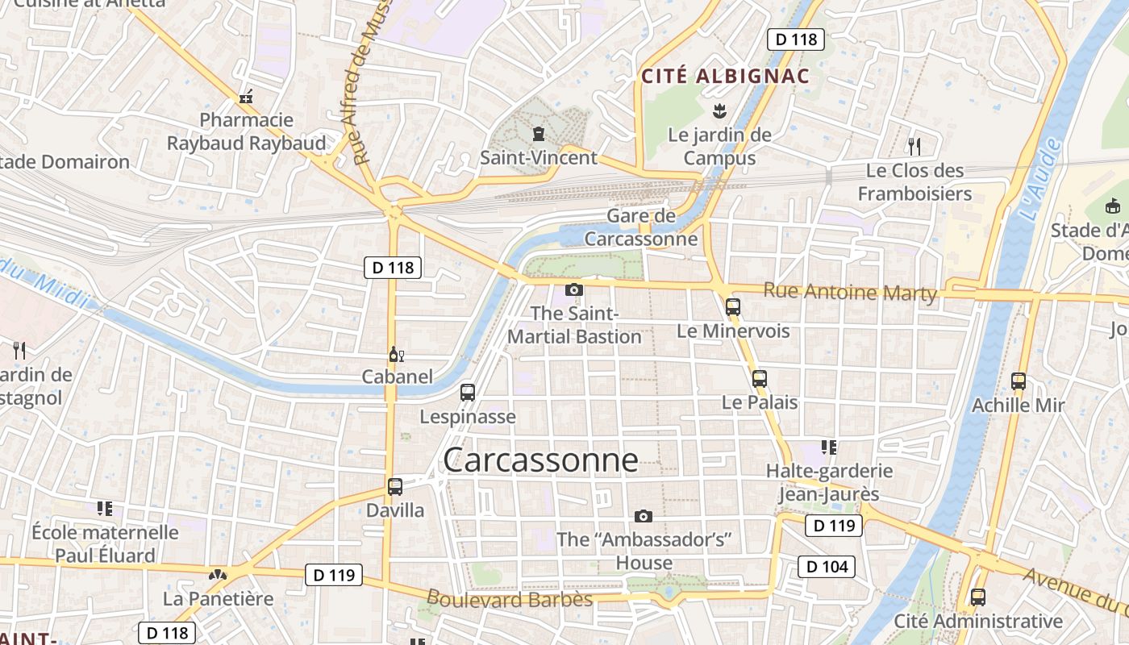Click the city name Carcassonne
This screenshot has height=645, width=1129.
click(x=540, y=460)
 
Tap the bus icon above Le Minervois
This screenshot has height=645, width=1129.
click(x=732, y=307)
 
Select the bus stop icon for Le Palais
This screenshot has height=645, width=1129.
click(x=759, y=379)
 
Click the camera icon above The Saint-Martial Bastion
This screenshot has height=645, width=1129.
click(x=573, y=289)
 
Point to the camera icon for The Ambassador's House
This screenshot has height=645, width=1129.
click(x=643, y=516)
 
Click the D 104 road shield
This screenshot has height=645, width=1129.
click(x=827, y=567)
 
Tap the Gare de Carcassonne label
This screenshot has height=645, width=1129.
click(x=641, y=227)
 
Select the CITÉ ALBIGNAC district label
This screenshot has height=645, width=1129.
click(x=725, y=77)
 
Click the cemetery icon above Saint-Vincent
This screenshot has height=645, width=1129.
click(x=538, y=133)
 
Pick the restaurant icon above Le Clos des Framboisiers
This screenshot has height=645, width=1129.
click(x=914, y=146)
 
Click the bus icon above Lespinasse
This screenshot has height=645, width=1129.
click(x=467, y=393)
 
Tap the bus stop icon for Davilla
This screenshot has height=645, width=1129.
click(x=394, y=487)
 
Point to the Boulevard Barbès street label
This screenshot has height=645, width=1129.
click(x=509, y=599)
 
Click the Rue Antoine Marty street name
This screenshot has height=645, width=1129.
click(x=850, y=292)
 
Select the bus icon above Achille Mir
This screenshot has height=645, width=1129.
click(x=1018, y=381)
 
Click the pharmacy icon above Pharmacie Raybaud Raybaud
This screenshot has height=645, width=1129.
click(x=246, y=97)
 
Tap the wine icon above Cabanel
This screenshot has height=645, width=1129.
click(x=396, y=354)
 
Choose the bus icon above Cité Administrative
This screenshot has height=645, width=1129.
click(x=977, y=597)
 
